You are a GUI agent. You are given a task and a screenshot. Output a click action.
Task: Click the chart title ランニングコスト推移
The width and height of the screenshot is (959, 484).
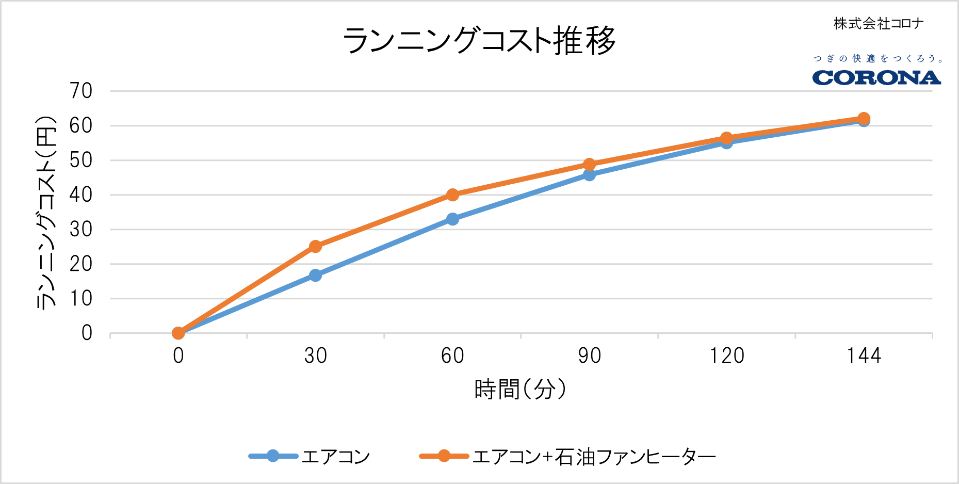pyautogui.click(x=479, y=40)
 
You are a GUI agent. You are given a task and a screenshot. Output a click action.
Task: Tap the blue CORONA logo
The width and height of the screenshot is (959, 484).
pyautogui.click(x=876, y=78)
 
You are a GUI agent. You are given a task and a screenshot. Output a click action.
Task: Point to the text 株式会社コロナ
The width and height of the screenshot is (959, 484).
pyautogui.click(x=879, y=23)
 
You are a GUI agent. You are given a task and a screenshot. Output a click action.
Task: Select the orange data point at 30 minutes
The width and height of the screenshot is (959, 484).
pyautogui.click(x=315, y=246)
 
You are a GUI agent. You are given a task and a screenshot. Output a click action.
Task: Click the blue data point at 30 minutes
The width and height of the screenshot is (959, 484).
pyautogui.click(x=315, y=275)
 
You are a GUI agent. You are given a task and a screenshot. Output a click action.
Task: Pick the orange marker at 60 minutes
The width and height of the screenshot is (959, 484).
pyautogui.click(x=452, y=195)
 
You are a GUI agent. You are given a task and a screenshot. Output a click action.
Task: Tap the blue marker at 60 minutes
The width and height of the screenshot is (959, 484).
pyautogui.click(x=452, y=219)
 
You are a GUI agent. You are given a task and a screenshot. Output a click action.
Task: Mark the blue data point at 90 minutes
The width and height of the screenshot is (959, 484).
pyautogui.click(x=589, y=175)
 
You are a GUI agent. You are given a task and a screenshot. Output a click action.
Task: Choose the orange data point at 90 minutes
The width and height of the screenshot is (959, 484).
pyautogui.click(x=589, y=165)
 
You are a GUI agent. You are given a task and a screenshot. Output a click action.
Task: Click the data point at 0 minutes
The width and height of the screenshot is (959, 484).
pyautogui.click(x=178, y=333)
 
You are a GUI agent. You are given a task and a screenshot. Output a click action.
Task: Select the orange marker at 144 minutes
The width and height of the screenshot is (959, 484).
pyautogui.click(x=864, y=118)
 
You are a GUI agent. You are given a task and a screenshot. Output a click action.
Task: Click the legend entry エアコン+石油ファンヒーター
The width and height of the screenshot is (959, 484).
pyautogui.click(x=567, y=457)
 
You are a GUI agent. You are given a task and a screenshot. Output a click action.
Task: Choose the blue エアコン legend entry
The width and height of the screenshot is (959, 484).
pyautogui.click(x=310, y=457)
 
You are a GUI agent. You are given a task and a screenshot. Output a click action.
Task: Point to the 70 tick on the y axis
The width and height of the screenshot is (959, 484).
pyautogui.click(x=81, y=91)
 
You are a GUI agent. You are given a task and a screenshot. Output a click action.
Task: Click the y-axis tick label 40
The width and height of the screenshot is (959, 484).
pyautogui.click(x=81, y=195)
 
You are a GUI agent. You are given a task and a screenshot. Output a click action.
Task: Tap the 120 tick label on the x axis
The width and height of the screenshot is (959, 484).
pyautogui.click(x=726, y=356)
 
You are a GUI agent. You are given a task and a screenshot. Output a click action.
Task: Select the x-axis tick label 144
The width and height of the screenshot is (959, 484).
pyautogui.click(x=864, y=356)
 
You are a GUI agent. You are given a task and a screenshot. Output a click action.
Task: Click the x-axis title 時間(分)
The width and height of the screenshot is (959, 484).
pyautogui.click(x=520, y=390)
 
